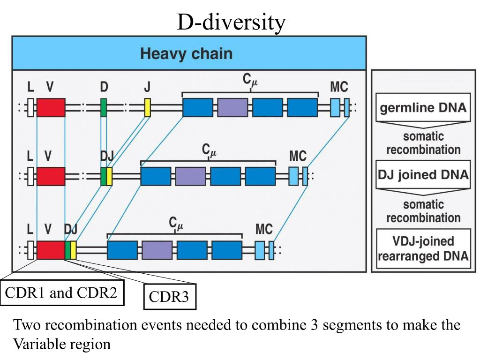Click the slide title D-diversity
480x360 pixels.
pos(231,23)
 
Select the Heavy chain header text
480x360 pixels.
pos(187,53)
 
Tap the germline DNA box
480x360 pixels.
pos(423,107)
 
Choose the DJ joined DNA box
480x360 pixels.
pos(423,174)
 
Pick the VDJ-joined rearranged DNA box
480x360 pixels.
pos(423,248)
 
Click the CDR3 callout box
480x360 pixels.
pos(170,297)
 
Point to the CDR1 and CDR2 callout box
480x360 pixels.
pos(62,292)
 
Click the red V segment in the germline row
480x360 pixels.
pos(51,107)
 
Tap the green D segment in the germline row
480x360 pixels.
pos(104,107)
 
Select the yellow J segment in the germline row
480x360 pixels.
pos(148,107)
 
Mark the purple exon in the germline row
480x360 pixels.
pos(232,107)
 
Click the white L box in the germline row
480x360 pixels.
pos(30,107)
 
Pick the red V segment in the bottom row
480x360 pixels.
pos(51,250)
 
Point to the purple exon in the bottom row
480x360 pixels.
pos(157,250)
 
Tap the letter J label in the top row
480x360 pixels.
pos(147,87)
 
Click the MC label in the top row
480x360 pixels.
pos(339,87)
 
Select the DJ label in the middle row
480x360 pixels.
pos(107,157)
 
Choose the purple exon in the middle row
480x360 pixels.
pos(190,176)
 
